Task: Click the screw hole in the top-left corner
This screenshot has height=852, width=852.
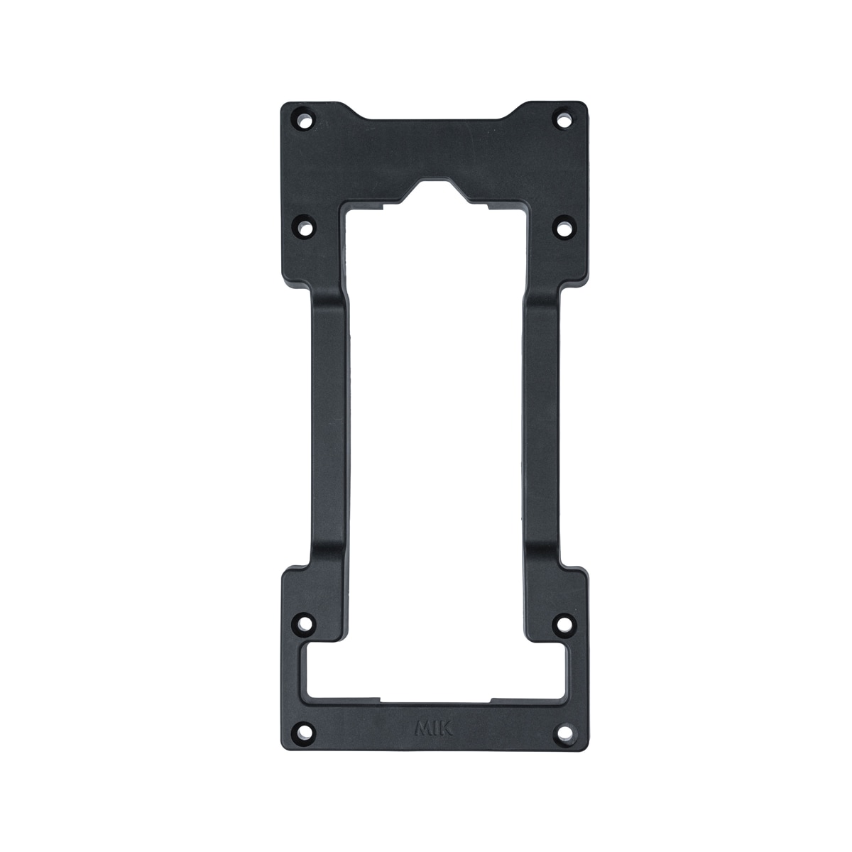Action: pos(305,121)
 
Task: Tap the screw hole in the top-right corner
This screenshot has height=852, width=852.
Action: pos(563,121)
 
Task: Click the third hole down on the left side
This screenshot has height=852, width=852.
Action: pos(304,623)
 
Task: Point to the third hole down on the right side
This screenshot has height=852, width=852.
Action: pos(563,623)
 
